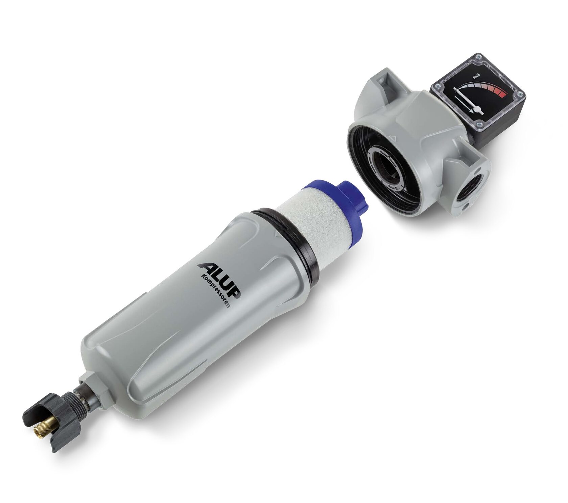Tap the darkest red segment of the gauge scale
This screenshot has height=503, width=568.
pos(502,94)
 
